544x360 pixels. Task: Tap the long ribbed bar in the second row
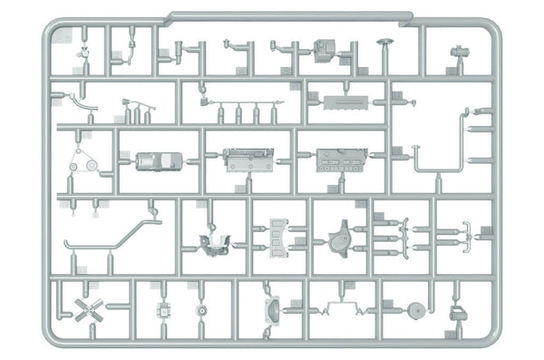(x=350, y=98)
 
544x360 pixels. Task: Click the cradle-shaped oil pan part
(x=214, y=242)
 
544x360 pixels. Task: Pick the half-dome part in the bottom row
(x=271, y=308)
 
